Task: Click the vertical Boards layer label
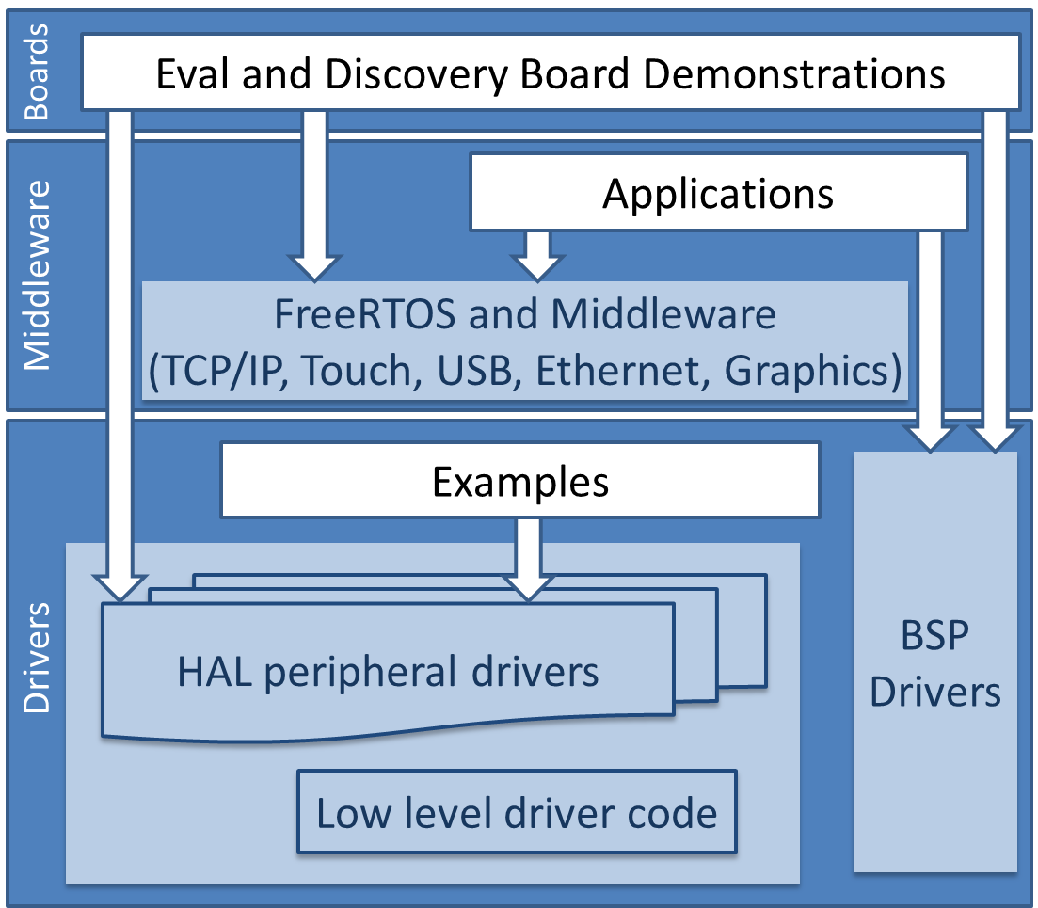[x=37, y=72]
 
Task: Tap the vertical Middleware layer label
[x=37, y=275]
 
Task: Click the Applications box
[x=718, y=193]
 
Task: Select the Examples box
[x=519, y=482]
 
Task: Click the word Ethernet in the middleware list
[x=624, y=371]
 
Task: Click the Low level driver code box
[x=517, y=812]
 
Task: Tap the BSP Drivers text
[x=934, y=663]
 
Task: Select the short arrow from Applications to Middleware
[x=537, y=255]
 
